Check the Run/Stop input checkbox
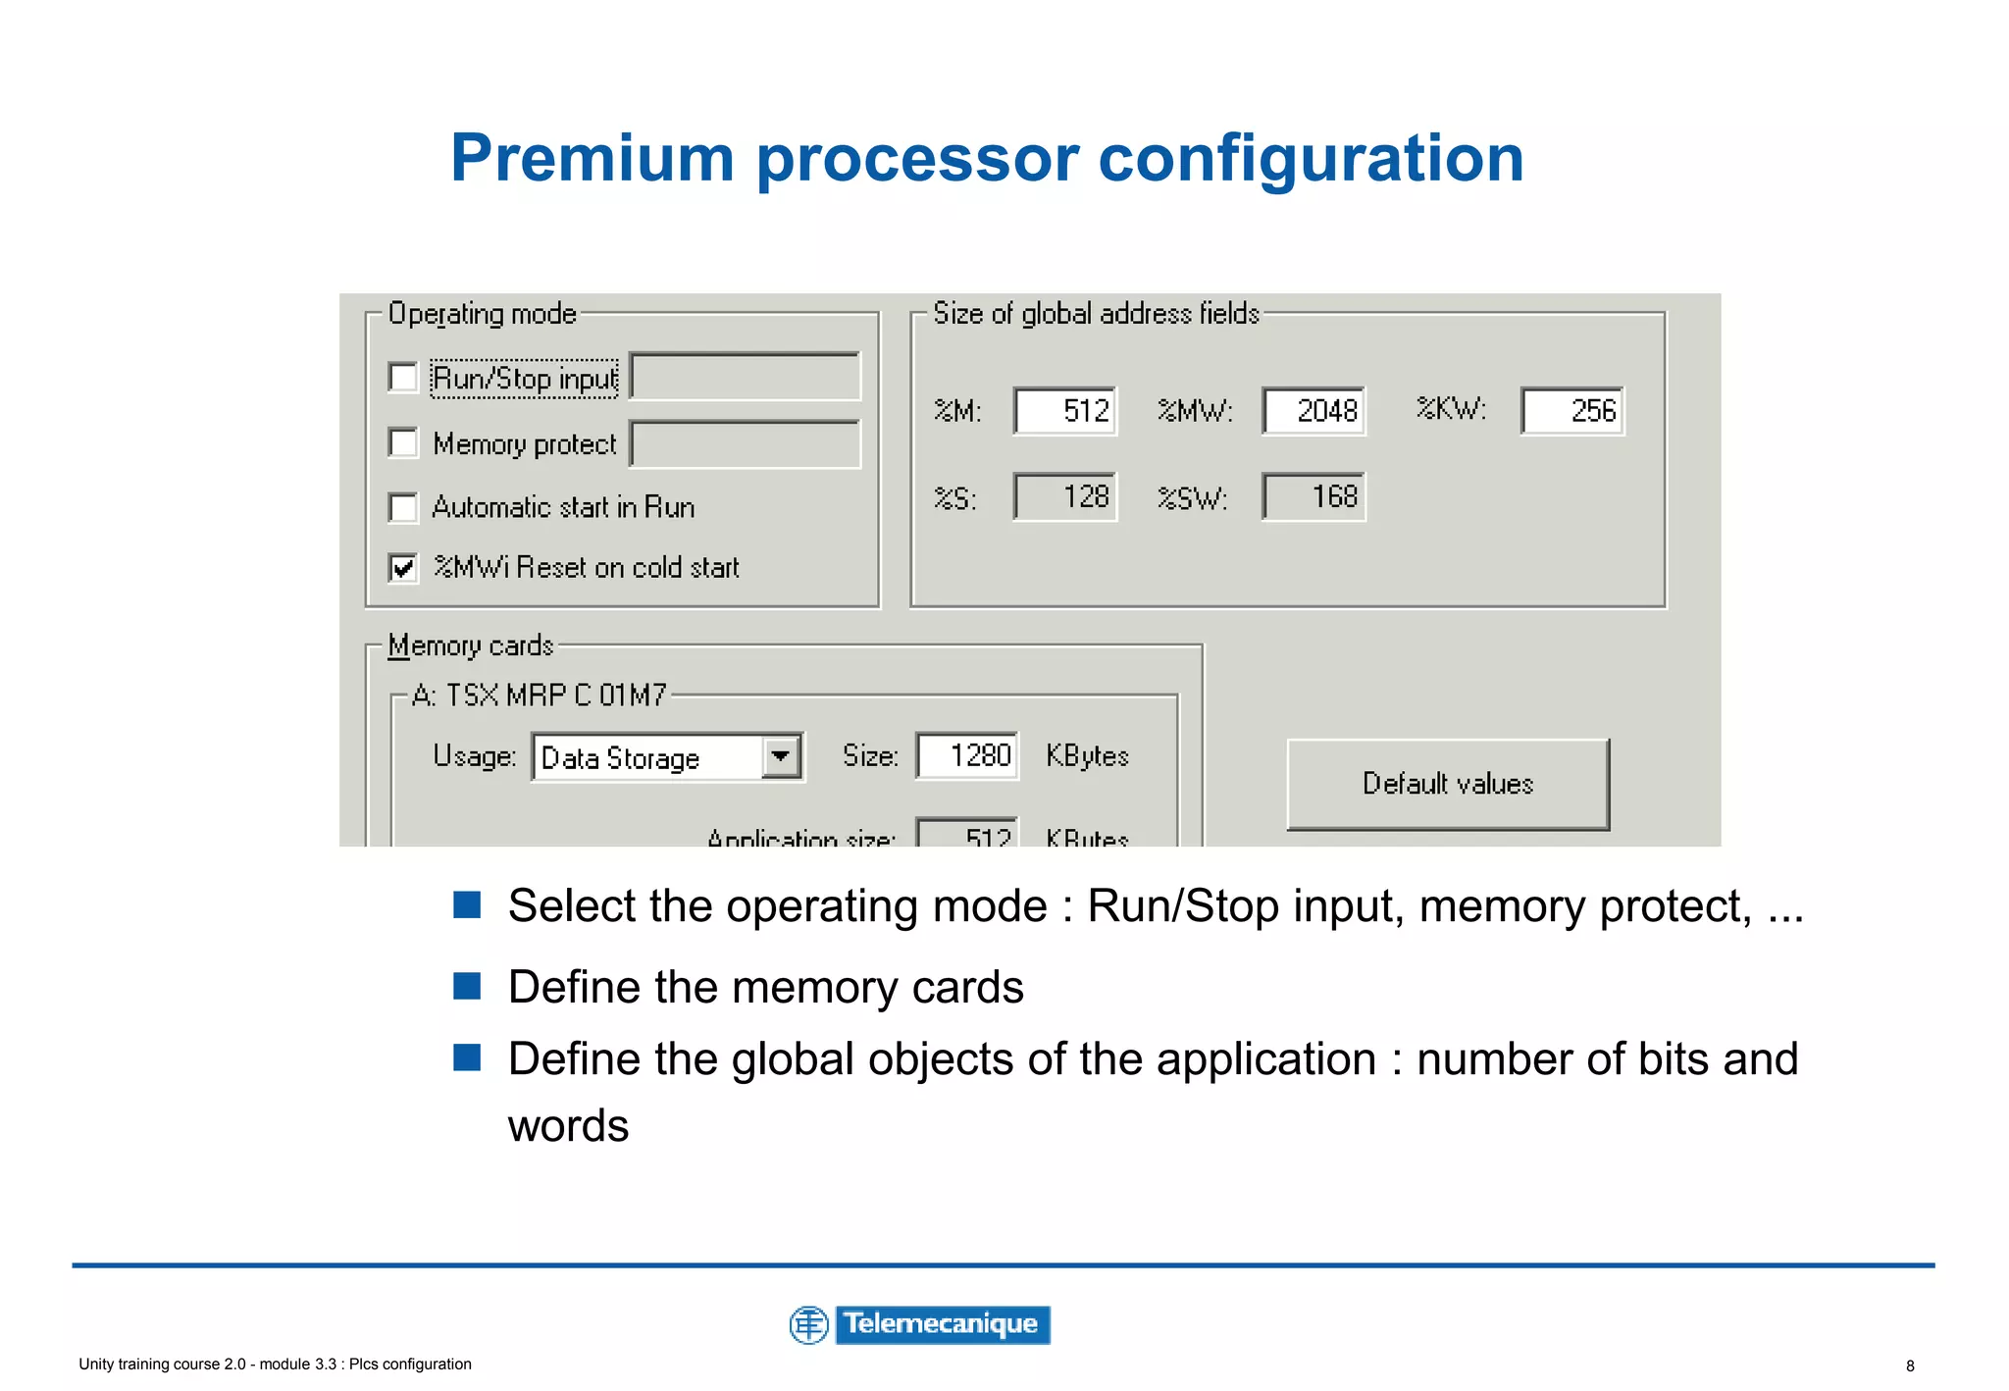pos(403,378)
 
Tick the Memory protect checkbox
pos(403,443)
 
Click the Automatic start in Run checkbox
pos(403,507)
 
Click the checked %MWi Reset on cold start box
pos(403,568)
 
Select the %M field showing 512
pos(1065,411)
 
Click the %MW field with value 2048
pos(1314,411)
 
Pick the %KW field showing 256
pos(1572,411)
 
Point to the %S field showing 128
pos(1065,496)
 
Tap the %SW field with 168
pos(1314,496)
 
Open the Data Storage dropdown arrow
pos(781,757)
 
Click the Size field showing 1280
pos(967,756)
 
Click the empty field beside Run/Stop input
pos(745,378)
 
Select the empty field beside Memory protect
pos(745,444)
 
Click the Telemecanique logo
pos(920,1324)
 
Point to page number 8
pos(1910,1365)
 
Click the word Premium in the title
pos(592,158)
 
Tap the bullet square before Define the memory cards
pos(467,985)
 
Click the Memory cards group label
pos(471,645)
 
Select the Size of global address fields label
pos(1096,314)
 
